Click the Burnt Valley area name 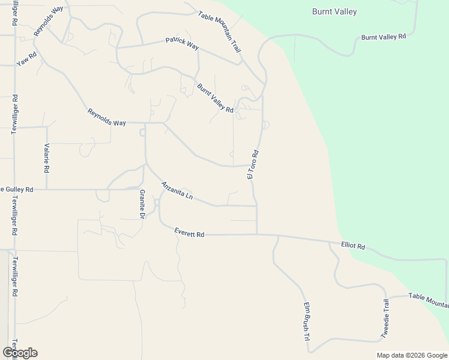coord(334,11)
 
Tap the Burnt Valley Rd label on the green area coord(384,37)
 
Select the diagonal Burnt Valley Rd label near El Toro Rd coord(215,98)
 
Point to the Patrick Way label coord(182,43)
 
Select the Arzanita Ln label coord(177,191)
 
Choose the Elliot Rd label coord(353,246)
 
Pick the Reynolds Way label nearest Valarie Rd coord(107,117)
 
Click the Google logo coord(20,353)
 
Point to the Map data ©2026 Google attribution coord(412,355)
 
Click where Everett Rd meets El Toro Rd coord(257,234)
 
